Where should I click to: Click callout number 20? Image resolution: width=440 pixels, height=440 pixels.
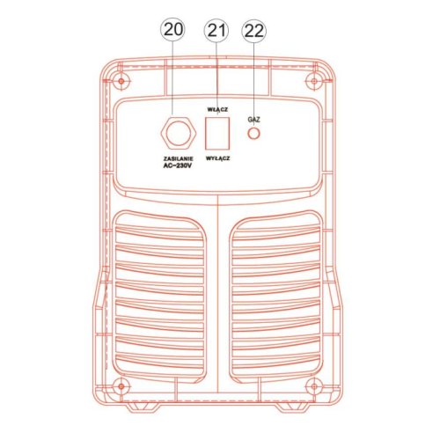(x=172, y=30)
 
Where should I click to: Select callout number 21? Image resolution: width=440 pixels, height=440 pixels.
(x=216, y=31)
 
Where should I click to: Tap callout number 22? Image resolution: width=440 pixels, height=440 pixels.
(x=253, y=31)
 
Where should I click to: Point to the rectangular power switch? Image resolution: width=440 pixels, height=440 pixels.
(x=217, y=134)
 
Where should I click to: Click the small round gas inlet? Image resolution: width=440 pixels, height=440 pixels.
(x=253, y=134)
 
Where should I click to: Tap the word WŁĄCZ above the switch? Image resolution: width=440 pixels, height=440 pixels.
(x=217, y=109)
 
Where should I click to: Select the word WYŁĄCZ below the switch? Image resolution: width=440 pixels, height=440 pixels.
(x=217, y=158)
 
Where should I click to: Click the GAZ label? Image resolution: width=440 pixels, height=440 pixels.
(x=253, y=120)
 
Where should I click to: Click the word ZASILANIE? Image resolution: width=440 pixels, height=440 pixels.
(x=179, y=158)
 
